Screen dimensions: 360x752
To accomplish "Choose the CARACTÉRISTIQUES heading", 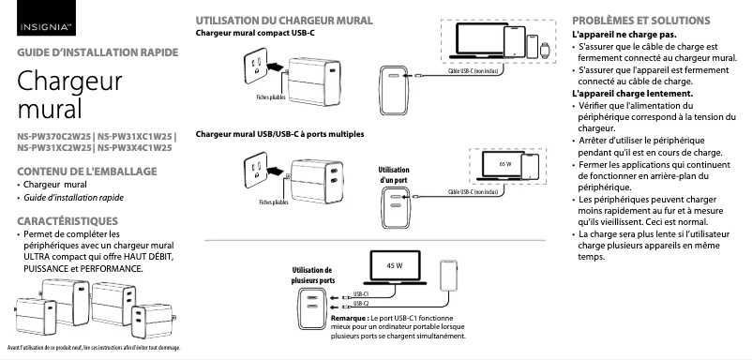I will point(64,220).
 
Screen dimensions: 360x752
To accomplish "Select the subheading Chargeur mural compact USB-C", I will point(254,33).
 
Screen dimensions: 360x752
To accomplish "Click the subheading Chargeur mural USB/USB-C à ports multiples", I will point(279,134).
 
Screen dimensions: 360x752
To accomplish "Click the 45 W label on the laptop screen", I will point(395,266).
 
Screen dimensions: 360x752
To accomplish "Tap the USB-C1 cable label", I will point(361,294).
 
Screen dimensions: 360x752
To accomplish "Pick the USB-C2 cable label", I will point(361,305).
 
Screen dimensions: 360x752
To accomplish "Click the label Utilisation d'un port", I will point(393,173).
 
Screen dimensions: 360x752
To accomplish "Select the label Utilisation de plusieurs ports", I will point(313,275).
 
